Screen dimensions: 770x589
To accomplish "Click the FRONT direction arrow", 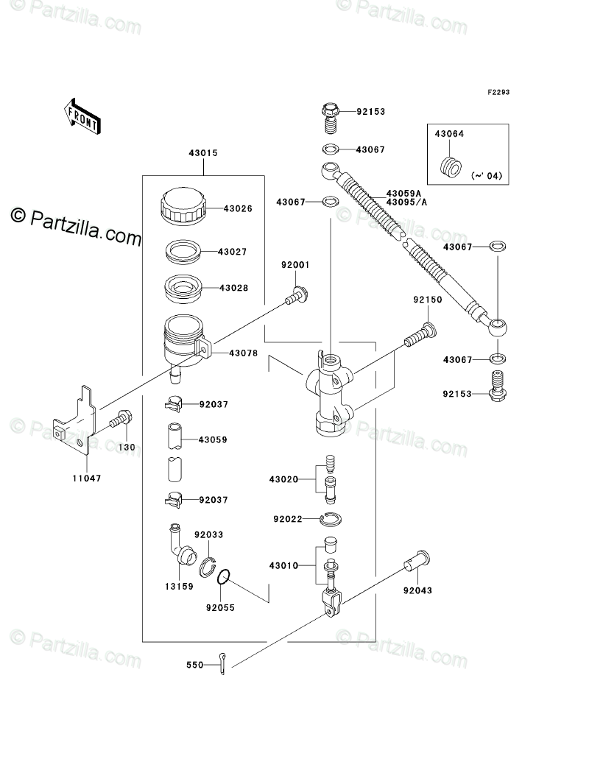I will (x=82, y=116).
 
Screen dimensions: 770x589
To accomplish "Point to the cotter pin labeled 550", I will (x=224, y=663).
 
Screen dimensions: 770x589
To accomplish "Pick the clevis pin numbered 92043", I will (x=417, y=563).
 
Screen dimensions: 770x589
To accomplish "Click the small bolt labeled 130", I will (x=121, y=421).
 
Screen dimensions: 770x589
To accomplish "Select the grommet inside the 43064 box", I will (x=451, y=167).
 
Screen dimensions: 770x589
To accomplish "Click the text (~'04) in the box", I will (x=482, y=175).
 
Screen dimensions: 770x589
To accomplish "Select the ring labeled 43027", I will (x=180, y=252).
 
